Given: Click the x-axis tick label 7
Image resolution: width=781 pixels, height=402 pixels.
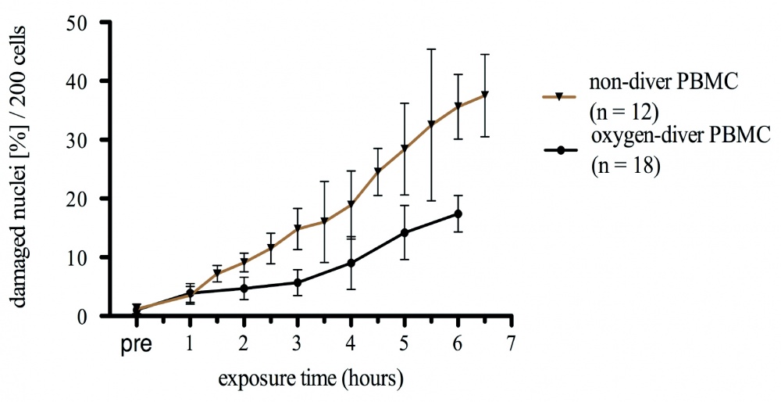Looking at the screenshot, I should (x=511, y=343).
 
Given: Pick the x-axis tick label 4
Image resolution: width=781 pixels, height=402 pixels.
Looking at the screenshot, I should (x=351, y=343).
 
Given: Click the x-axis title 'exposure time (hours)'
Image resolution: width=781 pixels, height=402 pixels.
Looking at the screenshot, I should (x=310, y=380).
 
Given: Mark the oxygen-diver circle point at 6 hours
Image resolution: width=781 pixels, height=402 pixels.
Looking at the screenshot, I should (x=458, y=214).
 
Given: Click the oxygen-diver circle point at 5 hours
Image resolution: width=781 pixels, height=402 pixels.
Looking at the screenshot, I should (x=405, y=232).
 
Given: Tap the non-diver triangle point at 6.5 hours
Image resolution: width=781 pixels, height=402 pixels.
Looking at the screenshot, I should (x=484, y=95).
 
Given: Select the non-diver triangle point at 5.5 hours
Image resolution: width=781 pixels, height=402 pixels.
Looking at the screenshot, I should (x=431, y=124).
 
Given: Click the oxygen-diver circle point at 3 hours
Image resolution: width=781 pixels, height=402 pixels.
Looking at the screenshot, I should (x=298, y=282).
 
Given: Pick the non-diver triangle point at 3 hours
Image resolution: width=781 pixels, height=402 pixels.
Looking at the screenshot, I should (x=298, y=228).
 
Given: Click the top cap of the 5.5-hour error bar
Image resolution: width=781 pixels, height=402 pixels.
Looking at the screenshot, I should (x=431, y=49).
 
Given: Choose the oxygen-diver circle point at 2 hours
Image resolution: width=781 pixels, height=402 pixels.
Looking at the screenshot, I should (x=244, y=289).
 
